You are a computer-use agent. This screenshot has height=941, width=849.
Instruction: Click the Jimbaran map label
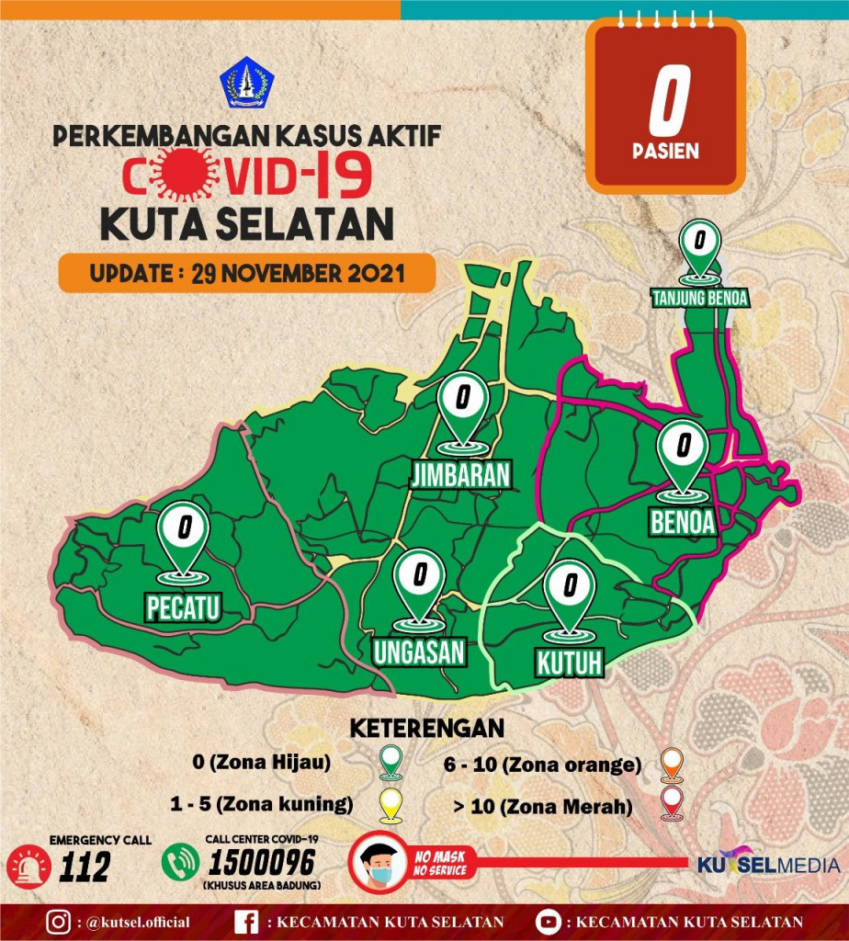click(x=460, y=475)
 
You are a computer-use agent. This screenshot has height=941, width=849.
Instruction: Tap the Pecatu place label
click(x=185, y=607)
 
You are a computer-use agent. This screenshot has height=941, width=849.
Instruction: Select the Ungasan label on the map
click(x=420, y=651)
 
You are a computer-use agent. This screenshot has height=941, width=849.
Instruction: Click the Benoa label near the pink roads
click(x=683, y=521)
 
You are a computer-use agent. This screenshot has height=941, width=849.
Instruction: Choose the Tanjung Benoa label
click(x=700, y=298)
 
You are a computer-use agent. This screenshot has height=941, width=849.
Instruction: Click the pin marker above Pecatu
click(x=185, y=538)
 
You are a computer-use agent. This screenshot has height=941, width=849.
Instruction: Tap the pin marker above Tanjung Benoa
click(x=700, y=250)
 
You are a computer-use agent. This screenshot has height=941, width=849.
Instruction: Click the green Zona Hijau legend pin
click(x=391, y=762)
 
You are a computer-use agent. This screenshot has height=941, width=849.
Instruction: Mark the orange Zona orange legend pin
click(x=673, y=764)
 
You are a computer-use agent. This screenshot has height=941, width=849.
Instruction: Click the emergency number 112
click(x=84, y=866)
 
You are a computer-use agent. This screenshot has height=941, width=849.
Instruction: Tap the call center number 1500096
click(x=262, y=862)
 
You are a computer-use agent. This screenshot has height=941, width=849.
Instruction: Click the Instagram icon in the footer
click(x=59, y=922)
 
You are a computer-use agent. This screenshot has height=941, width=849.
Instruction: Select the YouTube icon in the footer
click(x=548, y=922)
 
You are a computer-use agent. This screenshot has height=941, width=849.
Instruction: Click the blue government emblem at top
click(x=245, y=83)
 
